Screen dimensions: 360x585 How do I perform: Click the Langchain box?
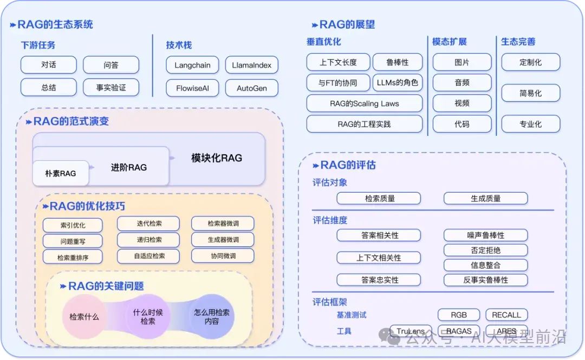click(x=192, y=66)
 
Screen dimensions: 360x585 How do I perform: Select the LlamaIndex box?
click(x=251, y=66)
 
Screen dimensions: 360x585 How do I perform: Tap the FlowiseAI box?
click(x=192, y=88)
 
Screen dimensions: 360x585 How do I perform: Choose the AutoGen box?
click(x=251, y=88)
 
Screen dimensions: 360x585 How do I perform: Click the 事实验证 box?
click(x=111, y=87)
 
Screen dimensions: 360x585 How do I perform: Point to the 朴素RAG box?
click(x=60, y=174)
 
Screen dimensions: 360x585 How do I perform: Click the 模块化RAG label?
click(x=217, y=158)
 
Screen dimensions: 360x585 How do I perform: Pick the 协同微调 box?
click(x=223, y=256)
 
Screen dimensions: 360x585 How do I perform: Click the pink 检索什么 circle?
click(x=84, y=317)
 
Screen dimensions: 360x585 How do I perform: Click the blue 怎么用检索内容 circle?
click(x=212, y=317)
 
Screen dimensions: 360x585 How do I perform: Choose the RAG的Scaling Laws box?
click(x=364, y=103)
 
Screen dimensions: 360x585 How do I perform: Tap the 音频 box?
click(x=462, y=83)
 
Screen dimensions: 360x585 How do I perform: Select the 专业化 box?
click(x=530, y=124)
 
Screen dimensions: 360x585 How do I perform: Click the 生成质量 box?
click(x=485, y=199)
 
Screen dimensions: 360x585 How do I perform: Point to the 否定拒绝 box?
click(x=485, y=251)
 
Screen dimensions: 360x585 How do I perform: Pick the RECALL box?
click(x=506, y=315)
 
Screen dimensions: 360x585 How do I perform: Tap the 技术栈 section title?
click(x=179, y=45)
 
